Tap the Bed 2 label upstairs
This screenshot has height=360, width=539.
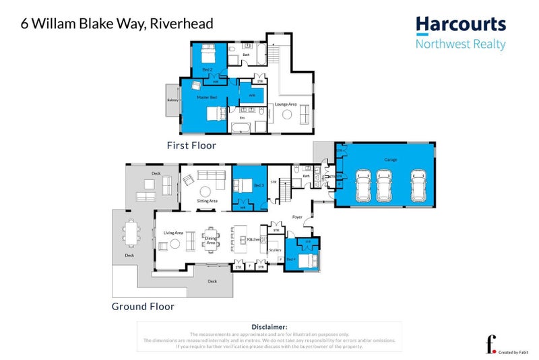[x=207, y=69]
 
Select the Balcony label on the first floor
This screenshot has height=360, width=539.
[x=172, y=101]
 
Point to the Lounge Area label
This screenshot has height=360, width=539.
[x=286, y=104]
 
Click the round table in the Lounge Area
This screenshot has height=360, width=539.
[x=288, y=115]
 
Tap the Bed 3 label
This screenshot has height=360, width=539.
[x=258, y=185]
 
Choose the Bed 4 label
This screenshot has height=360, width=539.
[x=292, y=259]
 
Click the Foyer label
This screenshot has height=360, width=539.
[x=297, y=217]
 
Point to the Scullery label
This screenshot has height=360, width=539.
[x=275, y=250]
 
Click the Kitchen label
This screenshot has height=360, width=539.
[x=253, y=239]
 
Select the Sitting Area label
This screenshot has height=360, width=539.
[x=206, y=201]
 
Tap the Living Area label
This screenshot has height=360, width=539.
[x=173, y=233]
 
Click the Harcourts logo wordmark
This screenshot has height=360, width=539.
[x=461, y=25]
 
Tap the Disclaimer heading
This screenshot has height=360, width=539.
[x=269, y=327]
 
